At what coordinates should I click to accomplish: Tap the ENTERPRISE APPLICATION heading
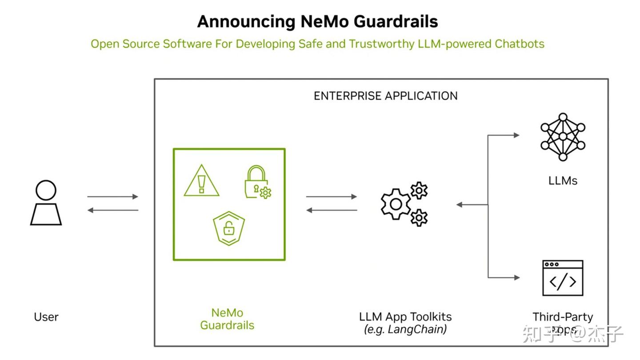pyautogui.click(x=385, y=96)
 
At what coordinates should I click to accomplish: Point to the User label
pyautogui.click(x=46, y=317)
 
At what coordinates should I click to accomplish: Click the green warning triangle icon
pyautogui.click(x=202, y=181)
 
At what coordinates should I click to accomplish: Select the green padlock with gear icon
pyautogui.click(x=256, y=182)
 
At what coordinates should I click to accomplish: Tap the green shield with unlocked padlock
pyautogui.click(x=229, y=228)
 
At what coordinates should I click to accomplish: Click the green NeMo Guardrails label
pyautogui.click(x=227, y=319)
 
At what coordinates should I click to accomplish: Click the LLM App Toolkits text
pyautogui.click(x=405, y=317)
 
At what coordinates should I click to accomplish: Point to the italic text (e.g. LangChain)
pyautogui.click(x=405, y=329)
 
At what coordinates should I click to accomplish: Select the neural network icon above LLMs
pyautogui.click(x=563, y=137)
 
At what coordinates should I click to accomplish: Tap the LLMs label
pyautogui.click(x=563, y=180)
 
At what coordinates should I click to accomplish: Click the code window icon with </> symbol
pyautogui.click(x=563, y=278)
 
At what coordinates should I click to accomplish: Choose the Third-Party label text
pyautogui.click(x=563, y=317)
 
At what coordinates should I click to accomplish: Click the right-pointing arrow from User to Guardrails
pyautogui.click(x=113, y=196)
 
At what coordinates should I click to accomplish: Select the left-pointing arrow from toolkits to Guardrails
pyautogui.click(x=332, y=210)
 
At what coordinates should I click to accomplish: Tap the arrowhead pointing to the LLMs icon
pyautogui.click(x=516, y=135)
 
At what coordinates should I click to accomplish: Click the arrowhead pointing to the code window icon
pyautogui.click(x=516, y=278)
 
